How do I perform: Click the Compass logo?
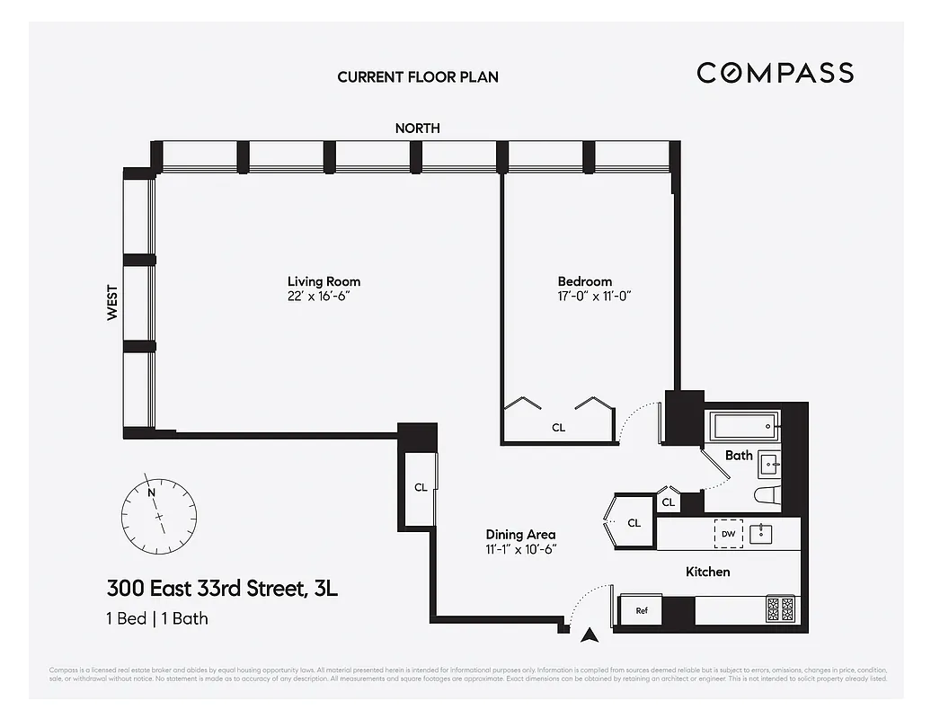pyautogui.click(x=775, y=73)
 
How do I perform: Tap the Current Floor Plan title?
pyautogui.click(x=418, y=77)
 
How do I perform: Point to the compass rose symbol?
pyautogui.click(x=158, y=516)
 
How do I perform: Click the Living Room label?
pyautogui.click(x=324, y=281)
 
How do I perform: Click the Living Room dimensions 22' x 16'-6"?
pyautogui.click(x=324, y=297)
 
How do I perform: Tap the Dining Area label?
pyautogui.click(x=520, y=533)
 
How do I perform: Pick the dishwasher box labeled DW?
pyautogui.click(x=728, y=534)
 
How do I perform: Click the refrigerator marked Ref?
pyautogui.click(x=642, y=611)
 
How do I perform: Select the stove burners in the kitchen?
pyautogui.click(x=781, y=610)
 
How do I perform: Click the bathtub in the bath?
pyautogui.click(x=743, y=422)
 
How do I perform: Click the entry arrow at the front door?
pyautogui.click(x=589, y=635)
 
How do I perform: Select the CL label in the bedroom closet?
pyautogui.click(x=558, y=428)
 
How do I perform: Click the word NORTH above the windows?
pyautogui.click(x=418, y=129)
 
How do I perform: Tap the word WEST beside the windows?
pyautogui.click(x=112, y=303)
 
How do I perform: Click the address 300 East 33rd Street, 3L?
pyautogui.click(x=222, y=590)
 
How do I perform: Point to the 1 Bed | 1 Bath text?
pyautogui.click(x=157, y=618)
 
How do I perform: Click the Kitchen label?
pyautogui.click(x=707, y=572)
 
